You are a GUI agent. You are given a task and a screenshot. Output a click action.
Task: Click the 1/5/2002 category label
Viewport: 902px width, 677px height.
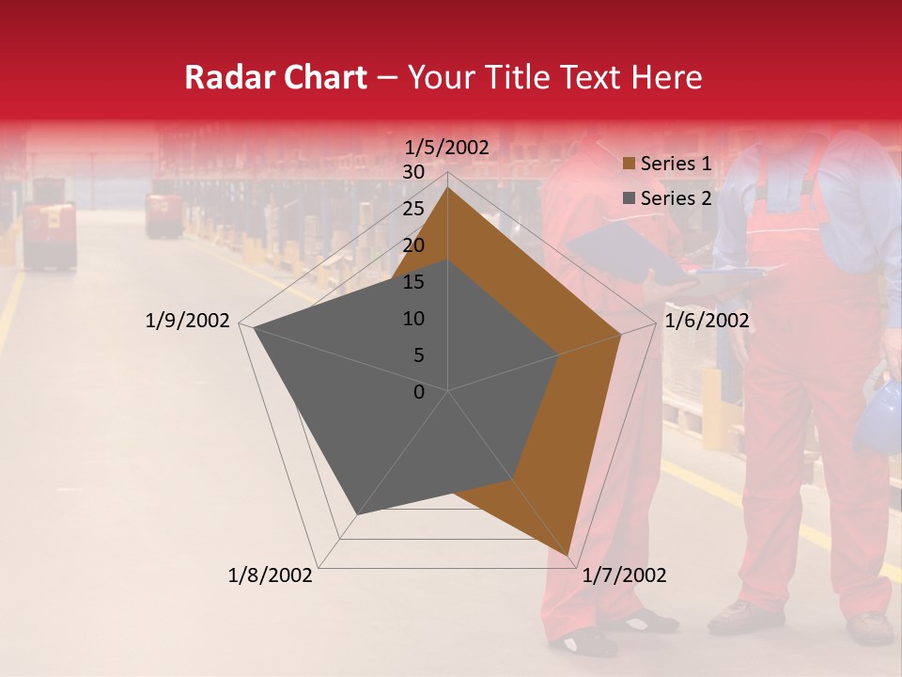447,148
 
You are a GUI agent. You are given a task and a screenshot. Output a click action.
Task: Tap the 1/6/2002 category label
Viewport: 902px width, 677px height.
707,322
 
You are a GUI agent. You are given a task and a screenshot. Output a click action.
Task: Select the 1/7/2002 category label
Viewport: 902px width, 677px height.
624,575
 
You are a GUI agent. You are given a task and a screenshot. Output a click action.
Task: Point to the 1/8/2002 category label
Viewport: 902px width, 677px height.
271,575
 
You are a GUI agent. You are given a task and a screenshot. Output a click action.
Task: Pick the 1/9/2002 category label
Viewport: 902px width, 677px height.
188,322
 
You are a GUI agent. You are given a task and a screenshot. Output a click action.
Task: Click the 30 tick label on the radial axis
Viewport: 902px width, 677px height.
413,172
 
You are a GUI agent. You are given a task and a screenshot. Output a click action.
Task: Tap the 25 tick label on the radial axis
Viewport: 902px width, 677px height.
413,209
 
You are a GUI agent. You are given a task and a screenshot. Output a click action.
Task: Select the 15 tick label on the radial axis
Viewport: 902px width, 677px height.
413,282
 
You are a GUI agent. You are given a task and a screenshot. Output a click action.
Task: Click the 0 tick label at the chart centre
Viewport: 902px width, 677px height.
419,392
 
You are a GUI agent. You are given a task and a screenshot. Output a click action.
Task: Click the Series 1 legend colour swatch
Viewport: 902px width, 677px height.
630,165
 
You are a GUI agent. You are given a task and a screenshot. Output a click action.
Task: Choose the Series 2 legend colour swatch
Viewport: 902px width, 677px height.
630,198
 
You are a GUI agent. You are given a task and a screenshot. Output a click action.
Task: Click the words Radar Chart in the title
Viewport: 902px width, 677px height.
275,78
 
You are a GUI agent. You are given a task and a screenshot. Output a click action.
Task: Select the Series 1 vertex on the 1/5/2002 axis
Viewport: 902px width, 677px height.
447,187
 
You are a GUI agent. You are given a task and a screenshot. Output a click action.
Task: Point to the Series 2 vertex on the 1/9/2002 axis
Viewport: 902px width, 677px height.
254,327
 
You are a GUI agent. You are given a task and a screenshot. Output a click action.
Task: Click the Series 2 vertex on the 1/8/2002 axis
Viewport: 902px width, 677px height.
356,515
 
